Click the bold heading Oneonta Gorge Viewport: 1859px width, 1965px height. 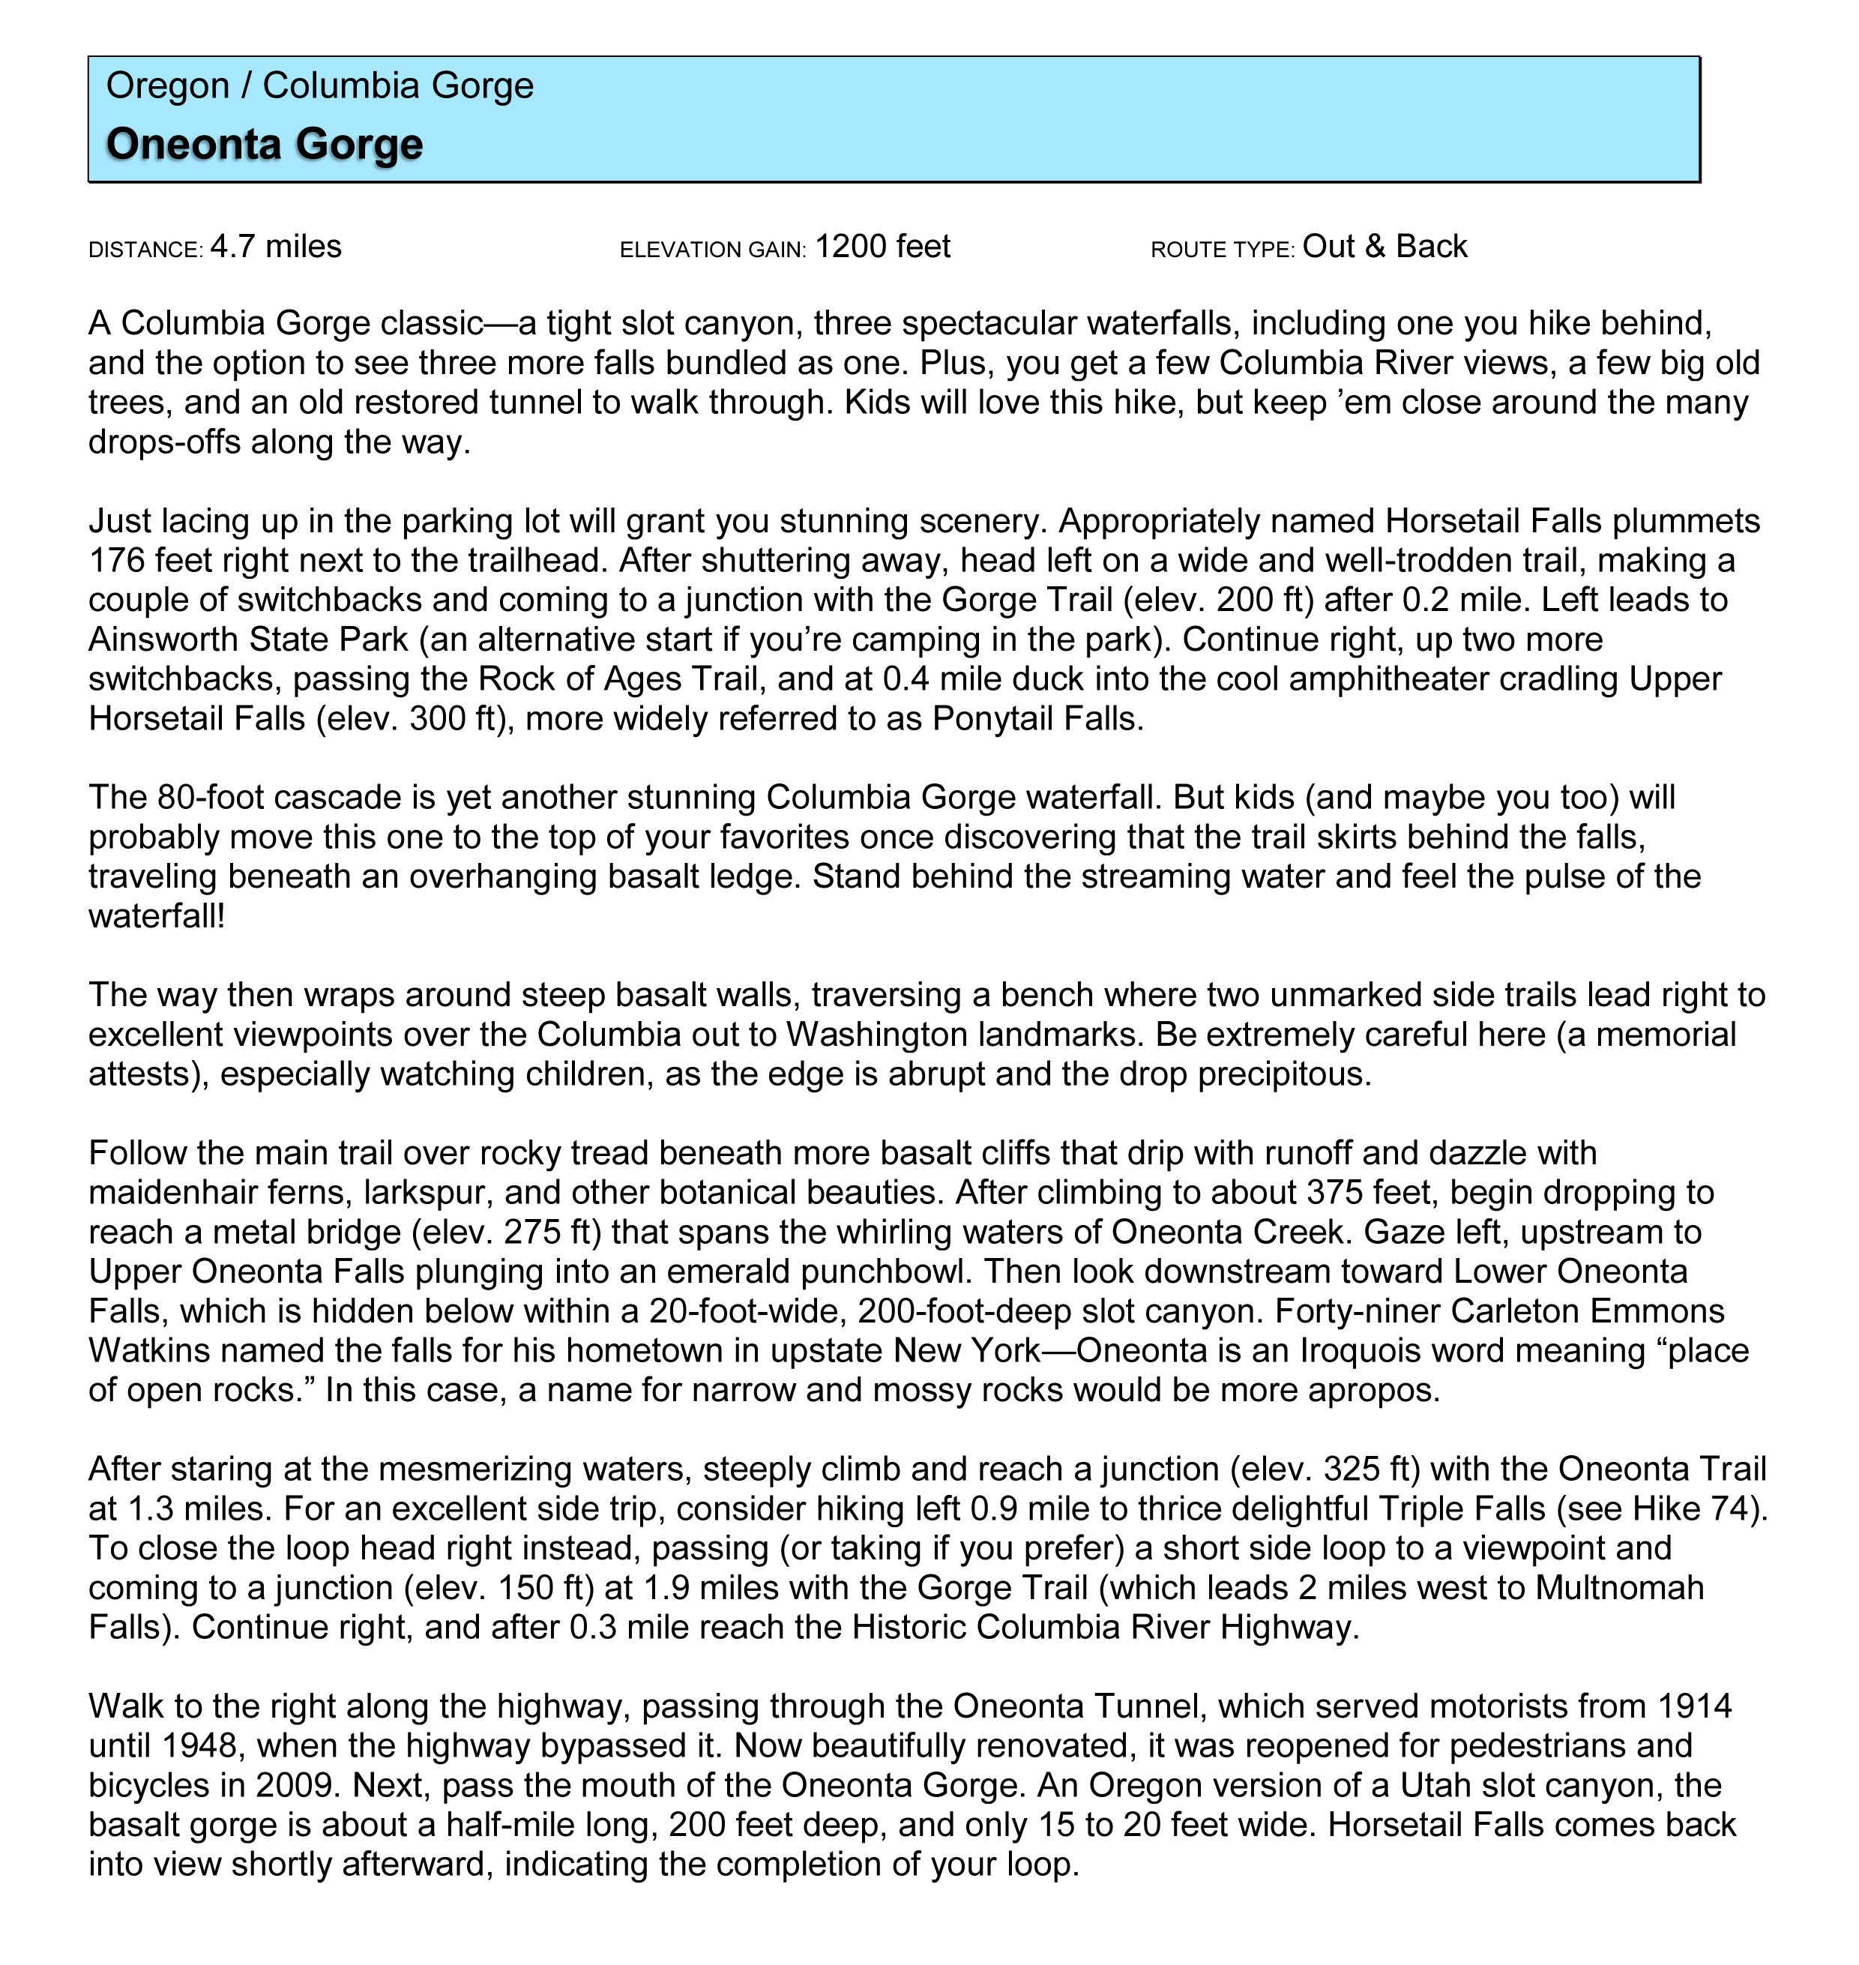[265, 144]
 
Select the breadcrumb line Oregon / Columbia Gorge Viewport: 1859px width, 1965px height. [319, 86]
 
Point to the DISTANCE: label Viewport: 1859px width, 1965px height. [145, 250]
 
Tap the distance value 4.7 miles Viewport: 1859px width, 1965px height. [276, 247]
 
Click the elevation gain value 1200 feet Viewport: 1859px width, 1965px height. [882, 247]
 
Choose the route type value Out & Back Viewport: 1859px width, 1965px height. [1385, 247]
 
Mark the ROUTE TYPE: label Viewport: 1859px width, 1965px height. [1223, 250]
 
